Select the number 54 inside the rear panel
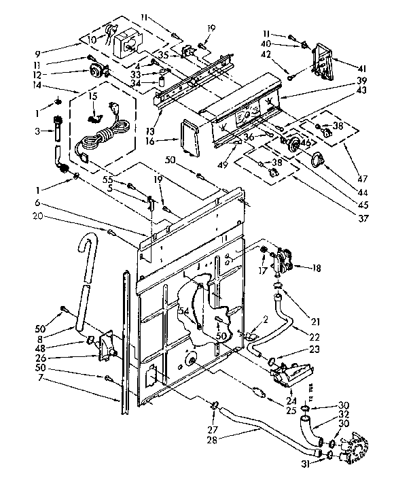coord(183,311)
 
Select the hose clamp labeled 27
coord(215,406)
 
